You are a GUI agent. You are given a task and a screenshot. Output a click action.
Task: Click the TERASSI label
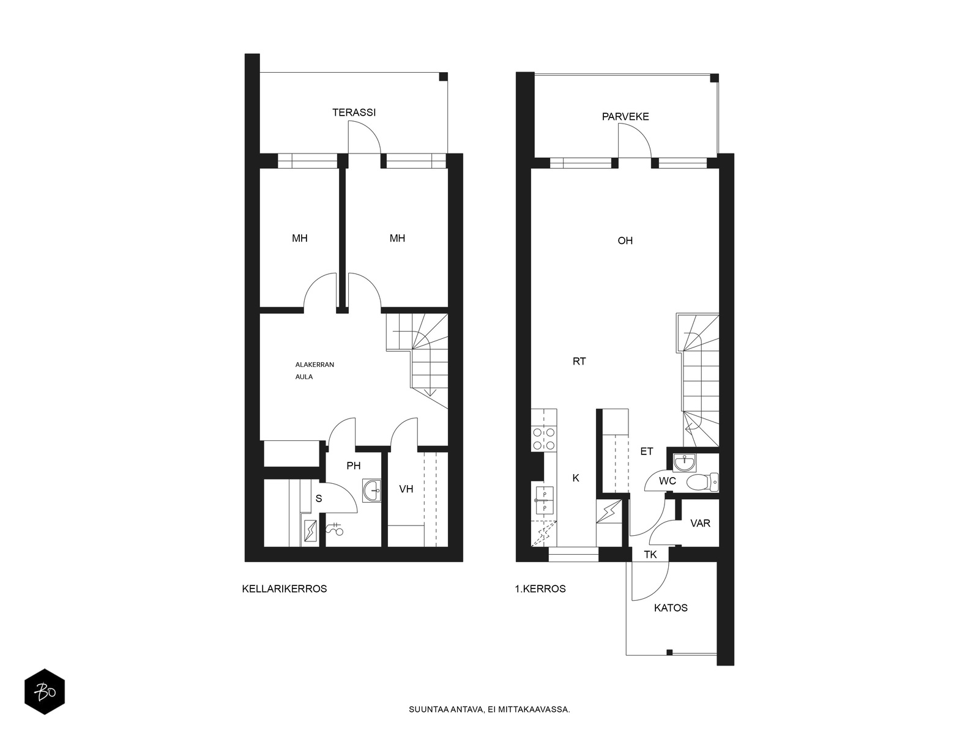click(354, 113)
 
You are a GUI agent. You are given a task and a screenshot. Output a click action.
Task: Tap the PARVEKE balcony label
click(625, 117)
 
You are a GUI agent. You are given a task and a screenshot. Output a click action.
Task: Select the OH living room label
click(625, 240)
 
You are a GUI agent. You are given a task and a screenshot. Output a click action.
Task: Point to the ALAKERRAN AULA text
click(315, 370)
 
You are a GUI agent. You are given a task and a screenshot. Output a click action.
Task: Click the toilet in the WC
click(702, 482)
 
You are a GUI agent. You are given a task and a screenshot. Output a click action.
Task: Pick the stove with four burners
click(544, 439)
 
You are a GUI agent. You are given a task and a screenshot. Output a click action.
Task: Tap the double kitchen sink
click(544, 500)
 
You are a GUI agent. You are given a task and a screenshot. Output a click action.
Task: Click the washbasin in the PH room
click(371, 491)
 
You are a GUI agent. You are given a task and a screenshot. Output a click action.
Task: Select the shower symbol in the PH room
click(335, 528)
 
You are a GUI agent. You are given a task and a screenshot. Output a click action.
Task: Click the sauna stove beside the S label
click(310, 531)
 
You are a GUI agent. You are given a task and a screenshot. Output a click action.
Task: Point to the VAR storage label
click(700, 523)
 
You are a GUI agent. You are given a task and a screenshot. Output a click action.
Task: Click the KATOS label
click(671, 608)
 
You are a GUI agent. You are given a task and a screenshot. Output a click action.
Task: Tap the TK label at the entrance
click(650, 555)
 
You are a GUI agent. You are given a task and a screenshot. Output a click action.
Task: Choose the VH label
click(406, 489)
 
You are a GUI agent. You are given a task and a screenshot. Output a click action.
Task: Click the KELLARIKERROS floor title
click(285, 589)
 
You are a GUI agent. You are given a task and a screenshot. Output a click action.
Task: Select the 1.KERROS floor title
click(540, 589)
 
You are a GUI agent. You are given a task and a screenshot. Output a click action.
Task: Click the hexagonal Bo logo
click(45, 692)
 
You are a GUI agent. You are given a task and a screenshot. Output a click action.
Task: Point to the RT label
click(579, 361)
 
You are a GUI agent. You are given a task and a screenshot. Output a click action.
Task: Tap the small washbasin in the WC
click(683, 462)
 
